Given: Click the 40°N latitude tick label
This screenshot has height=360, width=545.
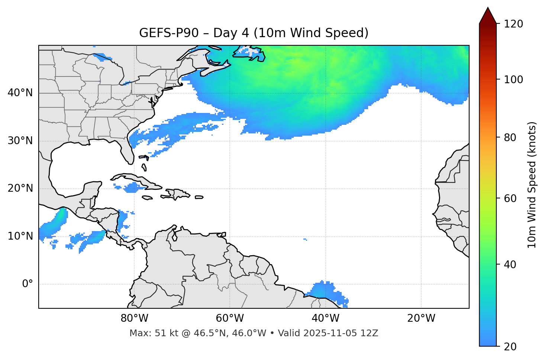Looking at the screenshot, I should [x=20, y=93].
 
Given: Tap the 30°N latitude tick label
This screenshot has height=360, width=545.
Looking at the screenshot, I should [x=20, y=141].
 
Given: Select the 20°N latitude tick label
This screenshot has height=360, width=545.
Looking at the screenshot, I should [x=20, y=188].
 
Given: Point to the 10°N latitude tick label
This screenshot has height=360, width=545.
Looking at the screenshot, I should [x=20, y=236].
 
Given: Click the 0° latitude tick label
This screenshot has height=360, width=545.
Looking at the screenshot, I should [x=28, y=284].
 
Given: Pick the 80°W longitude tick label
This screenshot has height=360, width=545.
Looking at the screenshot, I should [x=134, y=318].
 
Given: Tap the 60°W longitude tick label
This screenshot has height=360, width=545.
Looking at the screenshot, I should [x=230, y=318].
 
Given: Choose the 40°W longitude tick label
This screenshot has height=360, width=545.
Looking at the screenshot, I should [x=326, y=318].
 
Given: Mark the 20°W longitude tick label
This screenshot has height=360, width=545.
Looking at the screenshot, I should [x=421, y=318].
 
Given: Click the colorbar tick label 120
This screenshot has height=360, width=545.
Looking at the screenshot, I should [x=513, y=24].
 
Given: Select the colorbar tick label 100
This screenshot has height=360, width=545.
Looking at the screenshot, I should [x=513, y=80].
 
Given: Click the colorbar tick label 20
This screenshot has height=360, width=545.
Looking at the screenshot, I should [x=510, y=347].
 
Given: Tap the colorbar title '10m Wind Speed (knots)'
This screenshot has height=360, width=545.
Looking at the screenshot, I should [x=532, y=185].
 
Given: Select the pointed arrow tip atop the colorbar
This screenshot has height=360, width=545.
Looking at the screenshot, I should [x=488, y=9].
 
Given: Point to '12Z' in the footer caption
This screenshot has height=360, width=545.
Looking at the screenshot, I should [x=370, y=333].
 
